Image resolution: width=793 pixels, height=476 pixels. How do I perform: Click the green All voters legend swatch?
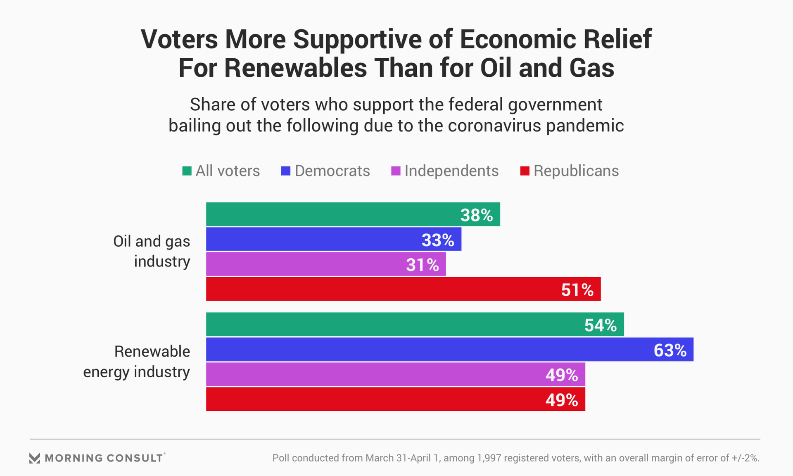tap(187, 171)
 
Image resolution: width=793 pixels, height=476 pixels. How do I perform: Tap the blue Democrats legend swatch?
tap(286, 171)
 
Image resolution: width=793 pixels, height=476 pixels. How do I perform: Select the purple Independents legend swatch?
tap(396, 171)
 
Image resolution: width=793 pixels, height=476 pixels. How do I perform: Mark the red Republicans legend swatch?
tap(525, 171)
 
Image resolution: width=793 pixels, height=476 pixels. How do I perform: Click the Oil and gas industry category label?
tap(152, 251)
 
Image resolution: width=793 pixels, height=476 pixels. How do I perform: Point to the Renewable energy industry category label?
tap(137, 362)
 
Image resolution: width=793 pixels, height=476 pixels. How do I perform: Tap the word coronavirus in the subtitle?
tap(494, 126)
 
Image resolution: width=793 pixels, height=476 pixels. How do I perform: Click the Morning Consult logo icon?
tap(35, 458)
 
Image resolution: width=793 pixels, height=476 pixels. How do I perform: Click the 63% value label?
tap(670, 350)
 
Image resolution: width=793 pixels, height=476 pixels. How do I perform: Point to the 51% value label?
tap(577, 290)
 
